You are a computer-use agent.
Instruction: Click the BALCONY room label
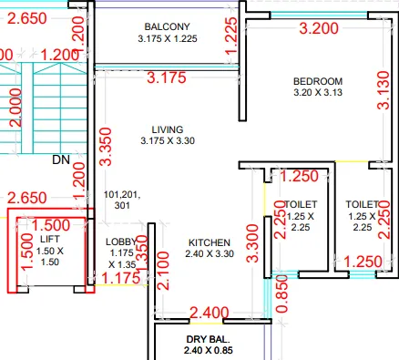point(167,26)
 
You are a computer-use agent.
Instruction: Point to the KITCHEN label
point(209,242)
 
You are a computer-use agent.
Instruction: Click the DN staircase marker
point(61,159)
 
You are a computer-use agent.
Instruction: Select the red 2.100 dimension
point(162,272)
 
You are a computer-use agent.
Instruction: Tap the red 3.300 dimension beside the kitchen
point(252,242)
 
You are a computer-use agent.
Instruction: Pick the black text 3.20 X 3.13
point(316,92)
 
